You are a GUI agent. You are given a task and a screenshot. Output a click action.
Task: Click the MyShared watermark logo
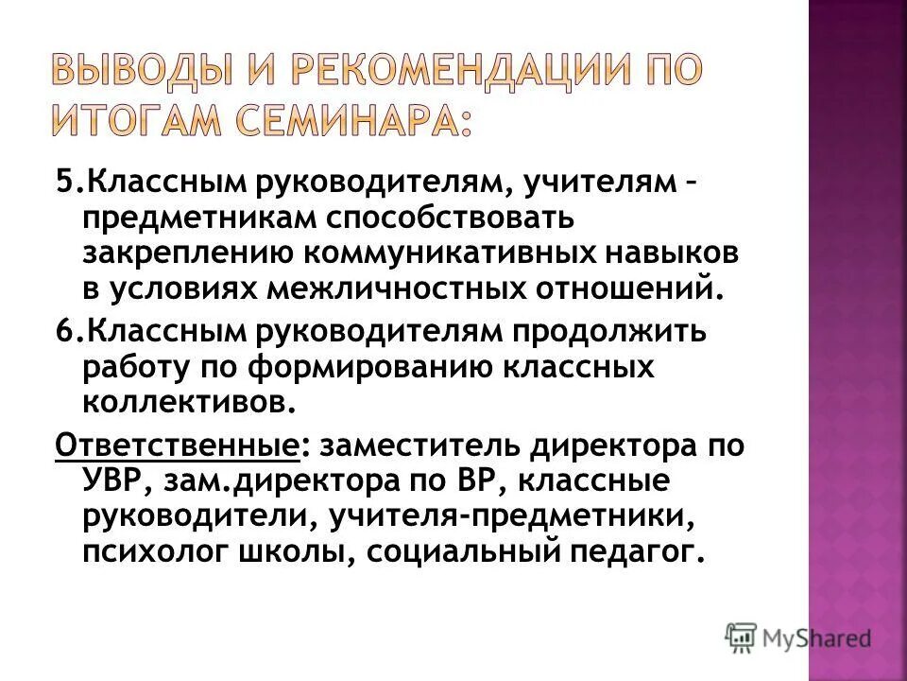(798, 637)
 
